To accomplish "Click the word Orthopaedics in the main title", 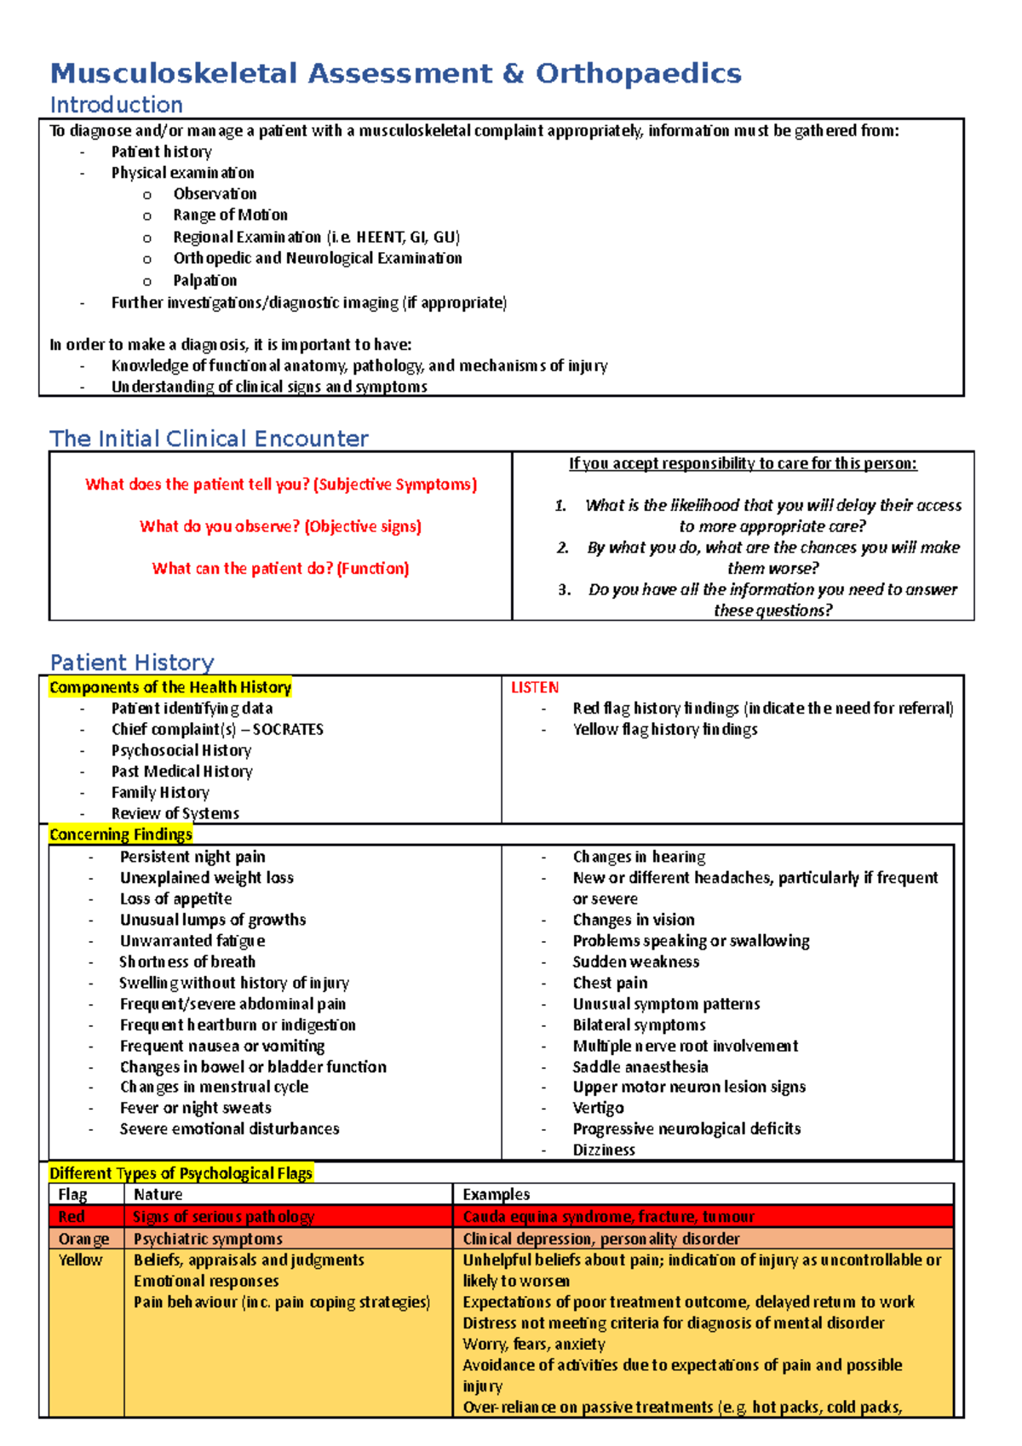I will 638,74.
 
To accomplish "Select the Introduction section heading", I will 117,105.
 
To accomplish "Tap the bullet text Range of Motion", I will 230,215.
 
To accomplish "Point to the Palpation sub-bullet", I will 204,281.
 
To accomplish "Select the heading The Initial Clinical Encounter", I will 209,439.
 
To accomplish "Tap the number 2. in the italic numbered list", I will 563,548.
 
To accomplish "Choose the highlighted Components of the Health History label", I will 170,687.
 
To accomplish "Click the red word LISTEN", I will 535,687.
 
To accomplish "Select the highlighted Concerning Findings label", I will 120,835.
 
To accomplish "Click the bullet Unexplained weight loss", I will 206,878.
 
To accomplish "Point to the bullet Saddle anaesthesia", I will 640,1067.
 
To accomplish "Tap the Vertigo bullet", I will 598,1108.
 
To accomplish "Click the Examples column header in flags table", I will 496,1195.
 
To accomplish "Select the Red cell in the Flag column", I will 72,1217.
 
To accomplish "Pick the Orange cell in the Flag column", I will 83,1239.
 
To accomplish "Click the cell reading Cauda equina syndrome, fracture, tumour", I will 608,1217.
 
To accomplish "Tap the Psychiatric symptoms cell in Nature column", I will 208,1239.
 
